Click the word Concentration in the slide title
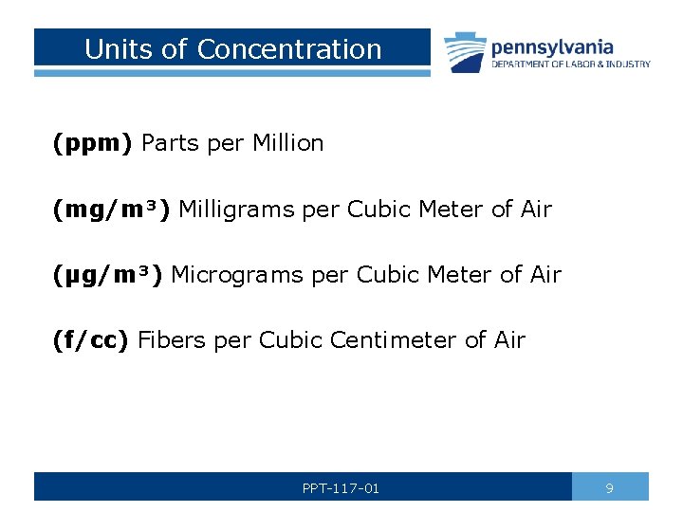(289, 49)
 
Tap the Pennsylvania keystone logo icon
(464, 51)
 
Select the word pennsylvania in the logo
(551, 46)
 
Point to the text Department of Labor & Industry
(570, 64)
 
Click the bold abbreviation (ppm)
(93, 143)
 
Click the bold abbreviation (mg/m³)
(112, 210)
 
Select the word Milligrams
(237, 210)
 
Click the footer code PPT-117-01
(341, 488)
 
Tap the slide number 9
(609, 488)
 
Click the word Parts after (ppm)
(170, 143)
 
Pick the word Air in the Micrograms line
(545, 275)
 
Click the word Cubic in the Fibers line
(289, 340)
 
